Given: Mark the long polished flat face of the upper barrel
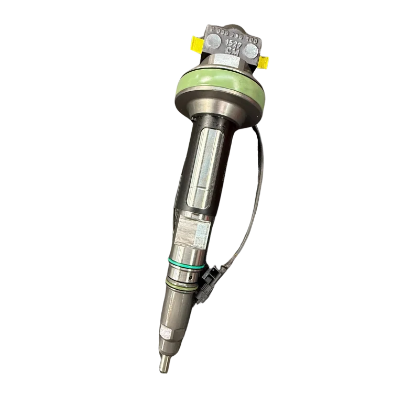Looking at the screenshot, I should pyautogui.click(x=202, y=168).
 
